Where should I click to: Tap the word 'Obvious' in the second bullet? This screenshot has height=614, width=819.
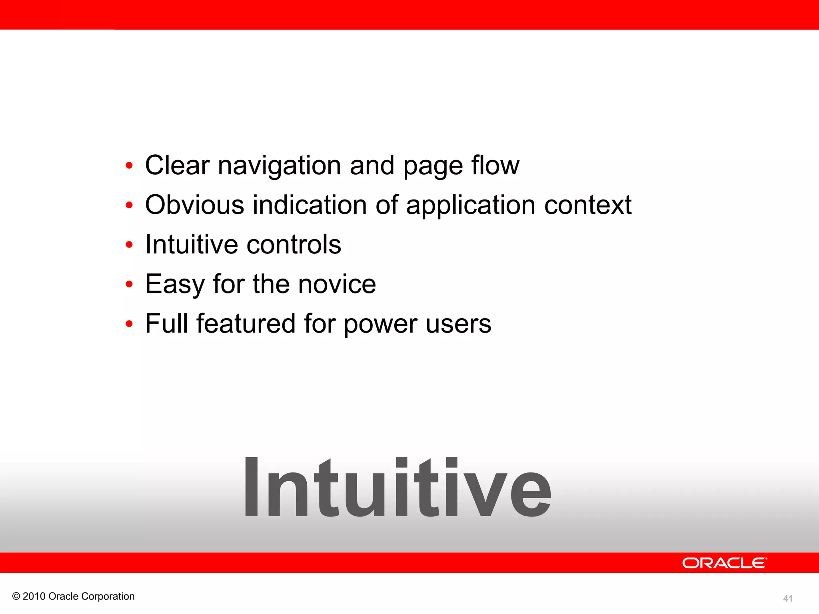click(x=194, y=205)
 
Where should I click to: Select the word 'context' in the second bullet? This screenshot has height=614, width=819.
click(x=587, y=205)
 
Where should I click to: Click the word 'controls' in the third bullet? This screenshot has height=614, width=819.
click(x=294, y=244)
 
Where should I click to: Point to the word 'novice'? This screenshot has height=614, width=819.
click(x=337, y=284)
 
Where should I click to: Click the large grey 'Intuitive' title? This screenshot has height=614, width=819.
click(x=397, y=488)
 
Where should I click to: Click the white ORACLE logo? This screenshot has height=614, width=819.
click(x=725, y=563)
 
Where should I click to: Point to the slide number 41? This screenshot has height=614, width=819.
click(x=788, y=598)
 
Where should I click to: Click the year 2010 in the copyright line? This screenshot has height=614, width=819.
click(x=34, y=596)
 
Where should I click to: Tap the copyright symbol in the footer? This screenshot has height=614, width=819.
click(x=16, y=596)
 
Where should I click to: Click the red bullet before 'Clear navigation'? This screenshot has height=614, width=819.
click(x=129, y=166)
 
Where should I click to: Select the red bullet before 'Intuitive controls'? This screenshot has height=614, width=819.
click(x=129, y=245)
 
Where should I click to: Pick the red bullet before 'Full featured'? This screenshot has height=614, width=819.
click(x=129, y=324)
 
